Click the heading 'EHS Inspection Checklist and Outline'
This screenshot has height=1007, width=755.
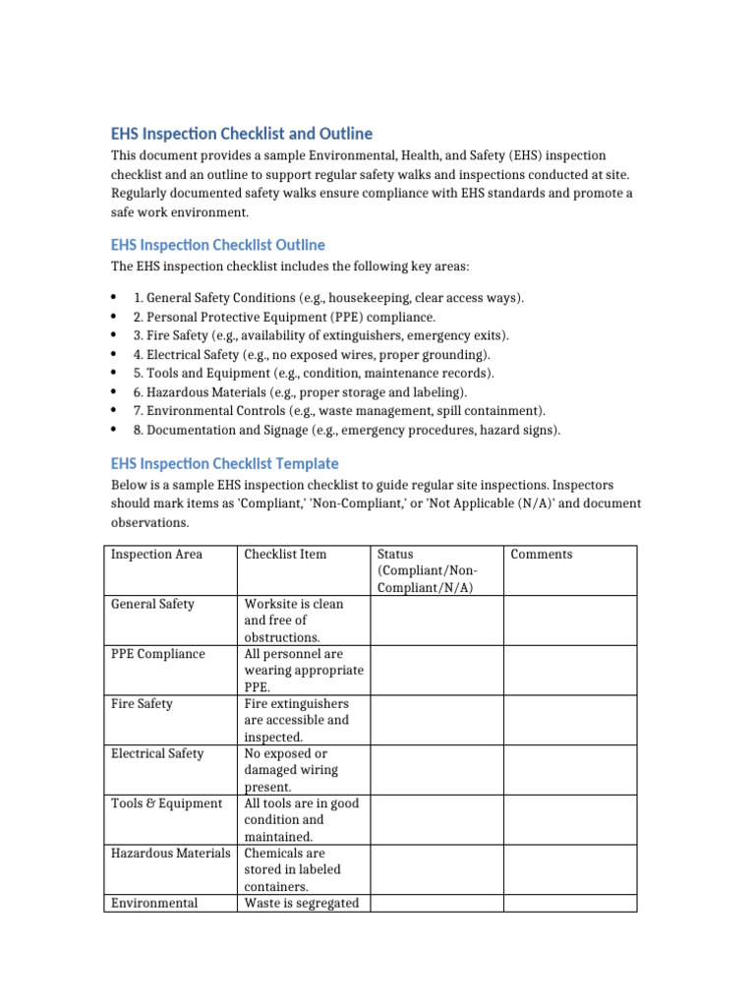point(241,134)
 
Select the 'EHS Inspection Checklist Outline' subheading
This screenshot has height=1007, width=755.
point(217,245)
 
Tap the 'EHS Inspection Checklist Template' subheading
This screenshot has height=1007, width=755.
point(224,463)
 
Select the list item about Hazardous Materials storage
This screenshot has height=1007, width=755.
point(293,392)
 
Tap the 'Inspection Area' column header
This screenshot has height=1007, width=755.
point(156,555)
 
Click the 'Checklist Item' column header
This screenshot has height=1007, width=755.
point(285,555)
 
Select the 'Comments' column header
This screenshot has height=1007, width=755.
point(541,555)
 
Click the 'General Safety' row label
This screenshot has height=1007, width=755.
point(152,605)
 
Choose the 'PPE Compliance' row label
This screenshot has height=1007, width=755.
point(158,654)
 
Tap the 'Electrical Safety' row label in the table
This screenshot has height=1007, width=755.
point(157,754)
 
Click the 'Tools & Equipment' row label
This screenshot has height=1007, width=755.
point(166,803)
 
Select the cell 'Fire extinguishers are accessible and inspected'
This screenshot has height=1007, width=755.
point(296,720)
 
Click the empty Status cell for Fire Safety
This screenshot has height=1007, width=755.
point(436,720)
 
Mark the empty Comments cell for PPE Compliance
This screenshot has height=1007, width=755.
point(569,670)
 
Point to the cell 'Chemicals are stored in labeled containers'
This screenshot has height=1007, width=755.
point(296,869)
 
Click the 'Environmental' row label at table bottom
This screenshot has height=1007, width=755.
point(154,904)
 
